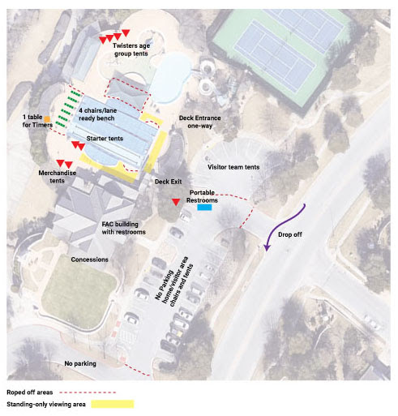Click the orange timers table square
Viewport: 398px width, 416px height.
click(47, 119)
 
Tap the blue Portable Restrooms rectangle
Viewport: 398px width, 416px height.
click(204, 208)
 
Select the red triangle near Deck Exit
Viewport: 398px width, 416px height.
click(176, 202)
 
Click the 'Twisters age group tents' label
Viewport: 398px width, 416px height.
click(131, 49)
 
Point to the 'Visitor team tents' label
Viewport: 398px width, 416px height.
click(233, 167)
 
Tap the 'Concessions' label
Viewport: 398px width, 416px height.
click(89, 259)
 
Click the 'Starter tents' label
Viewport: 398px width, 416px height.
click(105, 139)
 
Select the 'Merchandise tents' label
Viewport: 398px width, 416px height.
click(57, 177)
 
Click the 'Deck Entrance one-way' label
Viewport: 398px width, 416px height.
click(199, 122)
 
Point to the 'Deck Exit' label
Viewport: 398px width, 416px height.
click(168, 182)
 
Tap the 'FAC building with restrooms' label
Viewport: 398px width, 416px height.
click(123, 228)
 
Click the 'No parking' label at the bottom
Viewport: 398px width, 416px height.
click(80, 363)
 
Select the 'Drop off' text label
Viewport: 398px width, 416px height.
click(290, 234)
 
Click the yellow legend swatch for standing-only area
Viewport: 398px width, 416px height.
click(113, 404)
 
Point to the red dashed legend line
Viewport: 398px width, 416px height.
click(88, 392)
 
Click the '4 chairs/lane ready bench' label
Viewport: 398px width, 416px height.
click(97, 114)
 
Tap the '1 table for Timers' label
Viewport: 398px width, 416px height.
click(37, 121)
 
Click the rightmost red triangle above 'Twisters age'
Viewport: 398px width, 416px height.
click(126, 32)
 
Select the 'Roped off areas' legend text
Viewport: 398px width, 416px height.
click(30, 392)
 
